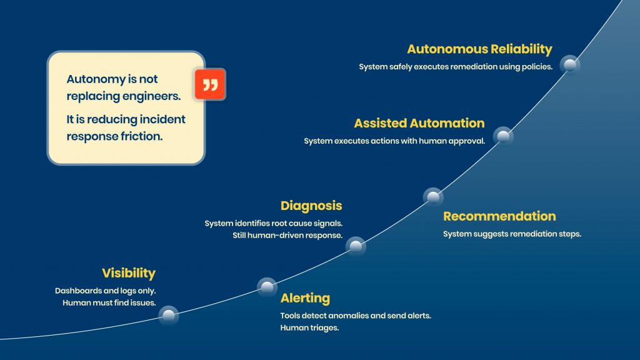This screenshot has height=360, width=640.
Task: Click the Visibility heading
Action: coord(128,273)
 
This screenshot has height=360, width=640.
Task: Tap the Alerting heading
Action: coord(305,298)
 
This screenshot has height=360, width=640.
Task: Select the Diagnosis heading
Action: coord(311,206)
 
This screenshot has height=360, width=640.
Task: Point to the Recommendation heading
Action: coord(499,216)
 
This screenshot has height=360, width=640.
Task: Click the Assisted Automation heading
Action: coord(419,123)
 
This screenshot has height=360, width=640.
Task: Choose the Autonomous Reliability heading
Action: coord(479,49)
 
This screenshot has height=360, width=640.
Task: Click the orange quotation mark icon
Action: coord(210,85)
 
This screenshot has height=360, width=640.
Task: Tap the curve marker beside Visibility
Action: coord(169,316)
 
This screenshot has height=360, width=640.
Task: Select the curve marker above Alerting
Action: coord(267,287)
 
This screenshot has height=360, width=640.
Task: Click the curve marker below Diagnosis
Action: coord(356,246)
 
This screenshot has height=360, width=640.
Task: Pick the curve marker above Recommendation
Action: coord(432,197)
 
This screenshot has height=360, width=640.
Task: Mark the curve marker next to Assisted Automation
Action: coord(503,136)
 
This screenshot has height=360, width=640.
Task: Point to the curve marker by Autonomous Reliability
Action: coord(569,65)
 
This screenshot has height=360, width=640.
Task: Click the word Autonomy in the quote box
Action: coord(92,79)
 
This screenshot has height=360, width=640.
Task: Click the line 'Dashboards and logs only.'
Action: coord(105,291)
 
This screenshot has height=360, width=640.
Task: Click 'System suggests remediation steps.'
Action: coord(512,234)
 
